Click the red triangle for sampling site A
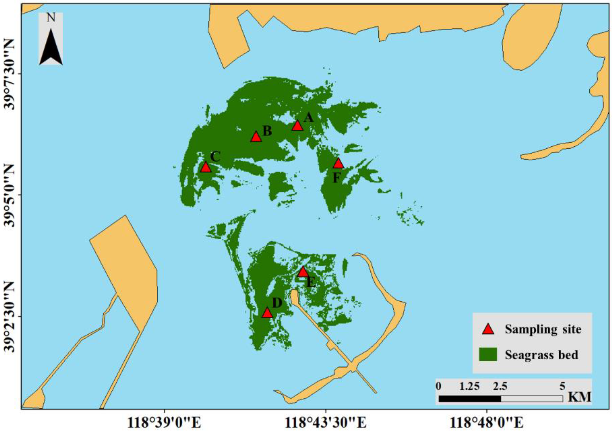tap(297, 126)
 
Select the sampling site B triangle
tap(256, 137)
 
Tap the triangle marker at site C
tap(205, 168)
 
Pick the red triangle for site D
tap(267, 313)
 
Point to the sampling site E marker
tap(303, 272)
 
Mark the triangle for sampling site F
tap(338, 164)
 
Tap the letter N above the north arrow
tap(51, 18)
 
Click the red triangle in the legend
tap(488, 329)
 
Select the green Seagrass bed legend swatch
tap(488, 355)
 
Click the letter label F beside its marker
tap(337, 178)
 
